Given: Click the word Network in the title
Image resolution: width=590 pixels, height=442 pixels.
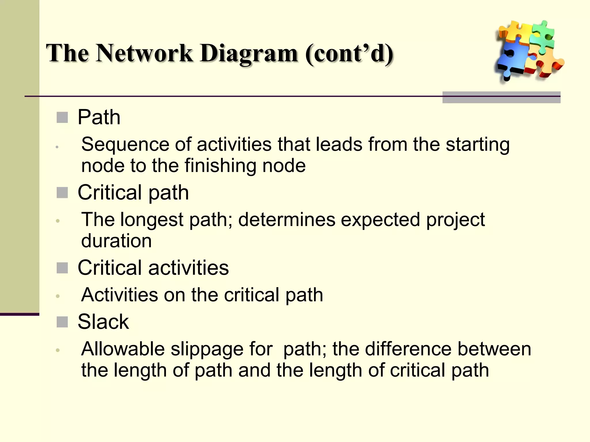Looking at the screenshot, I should coord(144,53).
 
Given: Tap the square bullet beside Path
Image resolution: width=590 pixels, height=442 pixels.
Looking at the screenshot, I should coord(62,117).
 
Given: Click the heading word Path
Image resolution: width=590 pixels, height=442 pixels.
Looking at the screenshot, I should coord(99,117).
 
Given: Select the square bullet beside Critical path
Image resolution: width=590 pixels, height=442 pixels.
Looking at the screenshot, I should coord(62,193).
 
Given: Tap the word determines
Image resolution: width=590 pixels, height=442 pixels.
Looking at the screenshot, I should coord(287,220).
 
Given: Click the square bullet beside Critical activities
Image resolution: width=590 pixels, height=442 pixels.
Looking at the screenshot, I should coord(62,268).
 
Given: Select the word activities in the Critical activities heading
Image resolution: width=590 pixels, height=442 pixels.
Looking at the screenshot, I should coord(188,268).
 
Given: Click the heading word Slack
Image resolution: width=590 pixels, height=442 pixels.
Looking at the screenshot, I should coord(103,322).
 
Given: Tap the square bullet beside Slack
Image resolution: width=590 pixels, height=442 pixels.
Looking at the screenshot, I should coord(62,322).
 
